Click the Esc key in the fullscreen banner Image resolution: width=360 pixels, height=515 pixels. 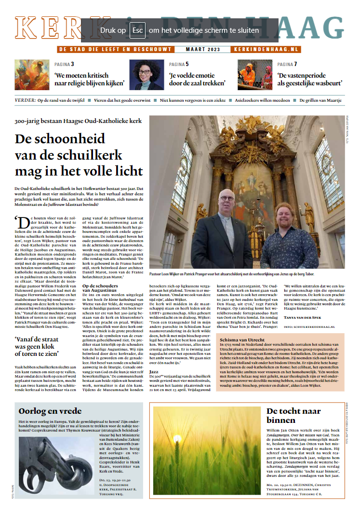138,30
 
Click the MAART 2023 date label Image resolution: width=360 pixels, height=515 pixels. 203,49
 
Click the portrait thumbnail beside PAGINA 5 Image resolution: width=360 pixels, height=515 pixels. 145,74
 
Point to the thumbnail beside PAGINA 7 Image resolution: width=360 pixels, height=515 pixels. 255,74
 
